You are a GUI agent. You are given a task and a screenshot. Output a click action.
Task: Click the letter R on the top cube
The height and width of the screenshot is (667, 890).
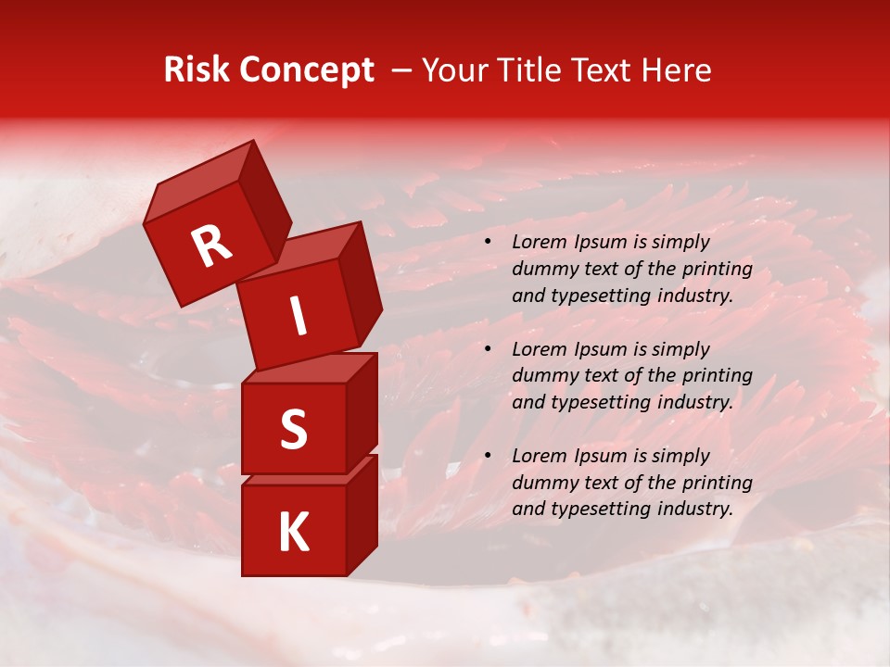tap(211, 246)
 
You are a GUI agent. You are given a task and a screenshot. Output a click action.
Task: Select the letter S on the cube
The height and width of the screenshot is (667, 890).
tap(293, 429)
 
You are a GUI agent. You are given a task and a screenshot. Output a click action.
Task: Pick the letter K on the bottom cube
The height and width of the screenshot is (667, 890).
tap(293, 533)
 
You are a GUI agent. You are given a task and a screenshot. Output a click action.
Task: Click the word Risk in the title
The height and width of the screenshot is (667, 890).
tap(197, 70)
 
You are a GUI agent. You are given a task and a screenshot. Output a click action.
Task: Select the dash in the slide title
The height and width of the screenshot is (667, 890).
tap(403, 70)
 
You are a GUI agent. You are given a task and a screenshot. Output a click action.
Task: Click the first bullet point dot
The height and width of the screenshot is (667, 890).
tap(488, 243)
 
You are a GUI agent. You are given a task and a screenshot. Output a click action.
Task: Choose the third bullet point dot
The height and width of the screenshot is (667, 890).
tap(488, 457)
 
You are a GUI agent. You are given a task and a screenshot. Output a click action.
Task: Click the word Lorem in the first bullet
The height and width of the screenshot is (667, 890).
tap(537, 243)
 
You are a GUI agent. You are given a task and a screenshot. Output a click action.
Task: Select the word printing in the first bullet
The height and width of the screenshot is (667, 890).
tap(717, 270)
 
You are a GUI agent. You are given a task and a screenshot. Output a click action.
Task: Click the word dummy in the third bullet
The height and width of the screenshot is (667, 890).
tap(542, 483)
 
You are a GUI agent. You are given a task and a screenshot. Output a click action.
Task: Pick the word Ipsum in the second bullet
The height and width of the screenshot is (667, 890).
tap(598, 349)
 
